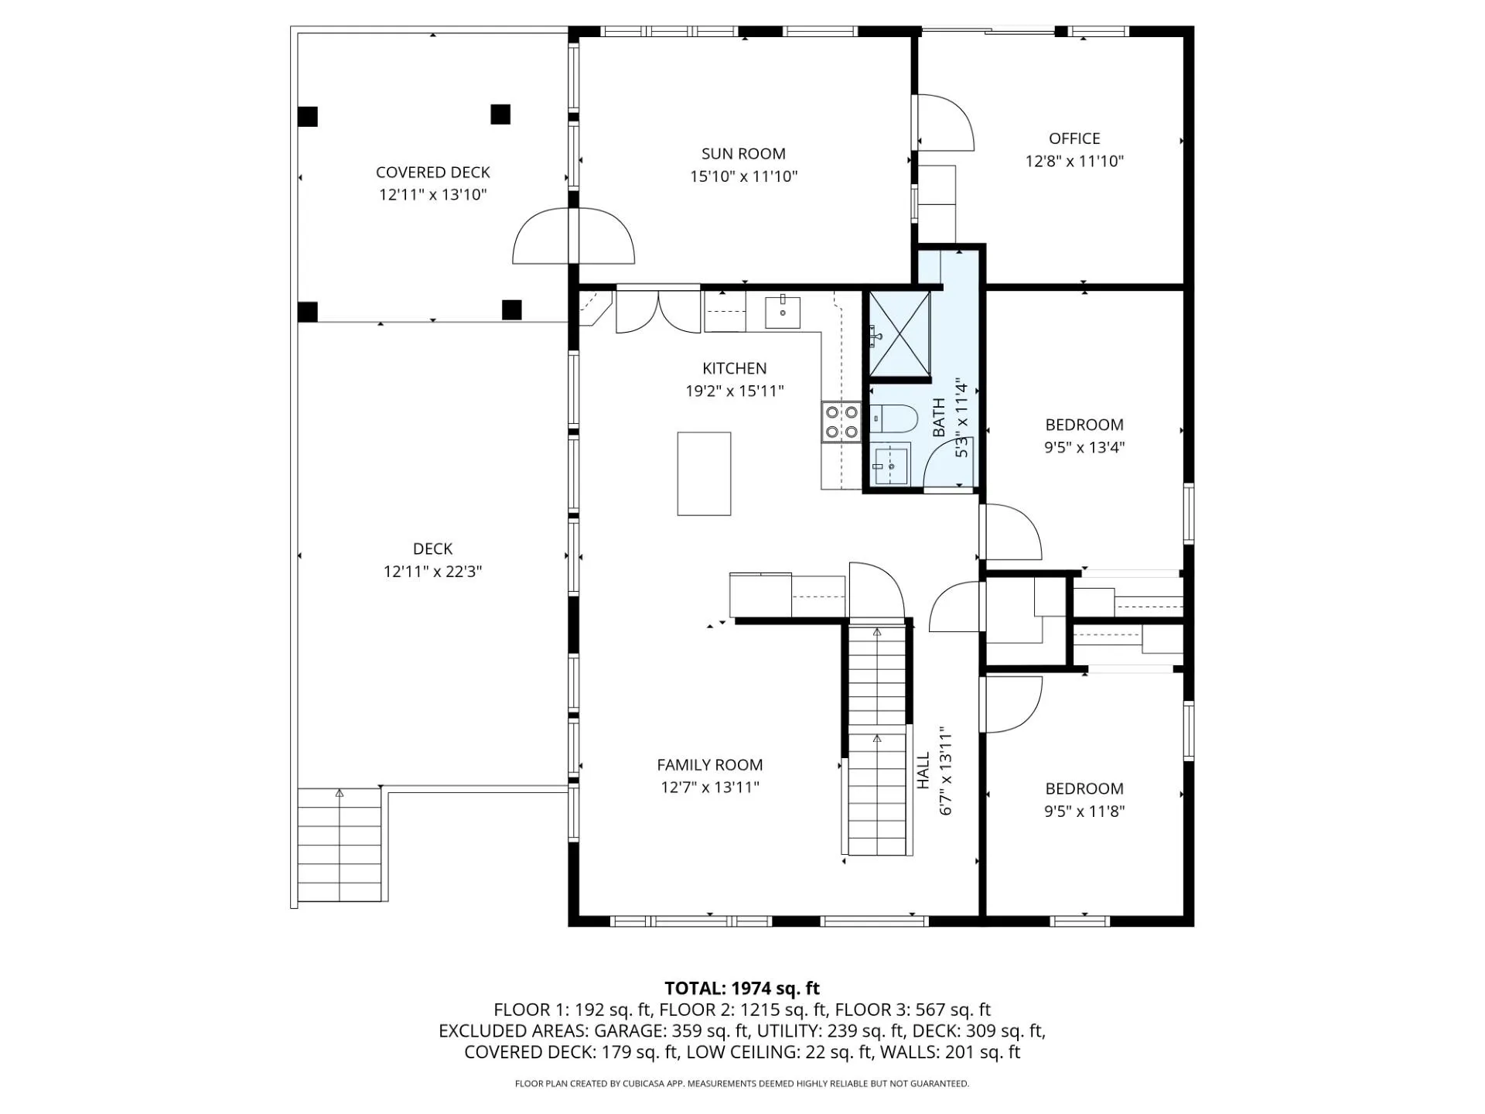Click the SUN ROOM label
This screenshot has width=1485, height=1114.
[743, 154]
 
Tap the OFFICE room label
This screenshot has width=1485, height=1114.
[1074, 138]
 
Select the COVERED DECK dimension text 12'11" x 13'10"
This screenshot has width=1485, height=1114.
[432, 195]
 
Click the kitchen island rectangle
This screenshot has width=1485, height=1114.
[704, 473]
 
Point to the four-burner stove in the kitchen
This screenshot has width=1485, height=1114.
[841, 422]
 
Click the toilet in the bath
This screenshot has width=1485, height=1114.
[893, 419]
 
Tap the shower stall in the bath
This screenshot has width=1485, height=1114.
[900, 334]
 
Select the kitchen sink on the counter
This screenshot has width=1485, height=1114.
[783, 312]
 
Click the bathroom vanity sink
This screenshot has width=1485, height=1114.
[892, 464]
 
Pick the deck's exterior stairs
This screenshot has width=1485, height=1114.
[340, 845]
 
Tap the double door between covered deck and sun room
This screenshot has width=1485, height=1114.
[574, 236]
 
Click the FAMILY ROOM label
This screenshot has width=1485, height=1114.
[709, 765]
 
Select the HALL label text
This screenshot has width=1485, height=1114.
[923, 771]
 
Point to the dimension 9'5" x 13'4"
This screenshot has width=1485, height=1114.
[1084, 447]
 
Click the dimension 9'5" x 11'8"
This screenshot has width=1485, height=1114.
[1084, 812]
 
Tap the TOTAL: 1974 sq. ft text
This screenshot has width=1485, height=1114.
[742, 988]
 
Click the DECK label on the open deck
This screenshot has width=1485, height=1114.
[432, 548]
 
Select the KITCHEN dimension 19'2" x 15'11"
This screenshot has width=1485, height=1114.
[734, 391]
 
